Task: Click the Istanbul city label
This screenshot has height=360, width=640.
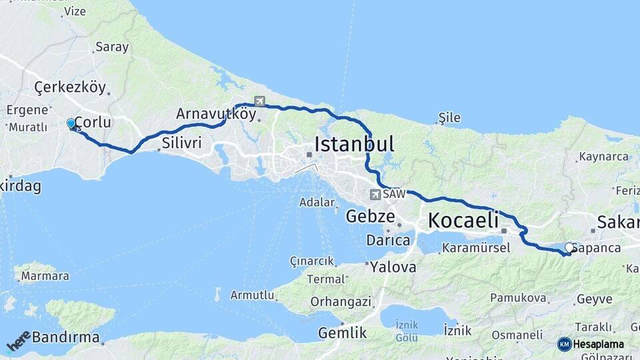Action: pos(354,144)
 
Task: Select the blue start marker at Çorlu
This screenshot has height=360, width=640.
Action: pos(71,123)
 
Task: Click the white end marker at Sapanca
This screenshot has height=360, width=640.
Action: pos(569,247)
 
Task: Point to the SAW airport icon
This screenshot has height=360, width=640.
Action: pos(376,194)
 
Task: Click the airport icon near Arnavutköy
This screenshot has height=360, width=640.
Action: pos(259,102)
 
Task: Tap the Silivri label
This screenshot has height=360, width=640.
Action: pos(182,143)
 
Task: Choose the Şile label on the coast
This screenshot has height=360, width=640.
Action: pos(449,118)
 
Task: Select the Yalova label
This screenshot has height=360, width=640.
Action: pos(393,267)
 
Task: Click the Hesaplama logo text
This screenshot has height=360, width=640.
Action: pos(597,344)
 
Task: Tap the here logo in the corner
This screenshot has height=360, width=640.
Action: pos(18,341)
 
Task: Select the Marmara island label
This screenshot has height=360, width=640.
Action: pos(45,275)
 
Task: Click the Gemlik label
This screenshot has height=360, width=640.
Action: pos(343,333)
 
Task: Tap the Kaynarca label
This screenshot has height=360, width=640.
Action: pos(604,157)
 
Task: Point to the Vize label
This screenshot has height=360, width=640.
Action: pos(75,11)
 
